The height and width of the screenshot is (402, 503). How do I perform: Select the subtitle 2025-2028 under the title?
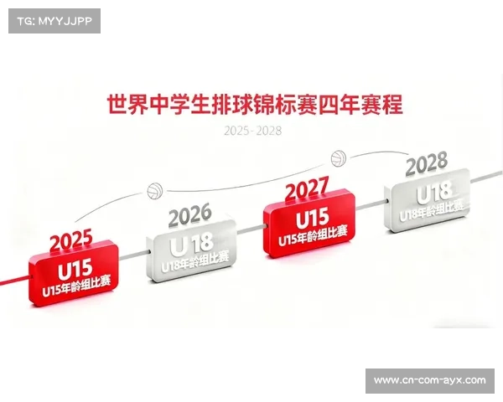click(252, 131)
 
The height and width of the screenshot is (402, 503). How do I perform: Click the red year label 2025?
click(70, 243)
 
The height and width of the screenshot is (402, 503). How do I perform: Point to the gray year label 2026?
click(189, 216)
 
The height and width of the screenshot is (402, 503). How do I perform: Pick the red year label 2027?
click(306, 191)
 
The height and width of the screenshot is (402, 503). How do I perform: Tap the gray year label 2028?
click(426, 163)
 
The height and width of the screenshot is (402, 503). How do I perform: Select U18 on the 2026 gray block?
click(191, 246)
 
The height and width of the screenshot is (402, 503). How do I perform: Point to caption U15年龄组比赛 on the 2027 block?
click(312, 237)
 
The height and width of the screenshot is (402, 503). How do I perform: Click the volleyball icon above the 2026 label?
click(155, 191)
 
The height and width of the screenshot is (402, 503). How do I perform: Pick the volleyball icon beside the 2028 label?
click(338, 157)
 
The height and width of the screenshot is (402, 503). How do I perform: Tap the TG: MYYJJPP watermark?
click(54, 21)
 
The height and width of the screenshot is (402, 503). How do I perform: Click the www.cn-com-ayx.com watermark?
click(429, 381)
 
